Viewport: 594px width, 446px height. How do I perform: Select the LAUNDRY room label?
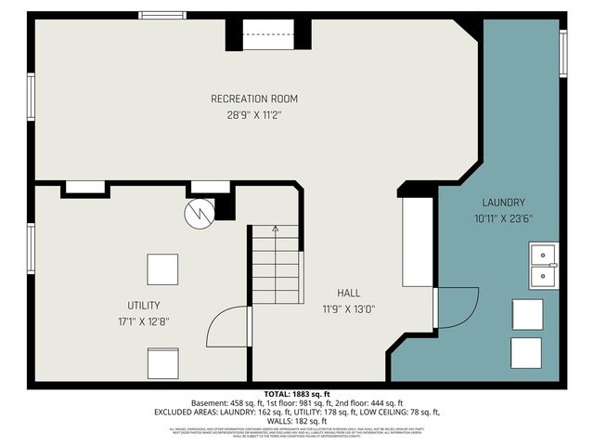[504, 203]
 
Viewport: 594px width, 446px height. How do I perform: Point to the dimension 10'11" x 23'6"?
[504, 219]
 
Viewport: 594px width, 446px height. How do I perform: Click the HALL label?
[349, 293]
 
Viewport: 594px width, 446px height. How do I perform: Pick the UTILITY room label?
[144, 305]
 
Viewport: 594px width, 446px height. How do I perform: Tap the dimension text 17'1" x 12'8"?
[144, 321]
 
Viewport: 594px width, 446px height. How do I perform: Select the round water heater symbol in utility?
[198, 214]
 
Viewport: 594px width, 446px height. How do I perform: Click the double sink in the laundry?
[543, 267]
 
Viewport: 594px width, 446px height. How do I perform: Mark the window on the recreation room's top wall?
[162, 15]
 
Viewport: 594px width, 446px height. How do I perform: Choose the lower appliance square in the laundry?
[527, 352]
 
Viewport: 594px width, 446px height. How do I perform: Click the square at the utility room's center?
[162, 269]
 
